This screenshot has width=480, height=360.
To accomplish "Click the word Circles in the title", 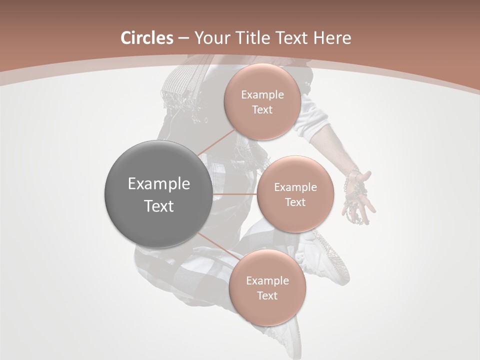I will click(x=146, y=38).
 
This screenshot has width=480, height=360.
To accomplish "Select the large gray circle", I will click(x=158, y=194).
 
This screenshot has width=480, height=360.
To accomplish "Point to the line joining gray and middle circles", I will click(x=234, y=194).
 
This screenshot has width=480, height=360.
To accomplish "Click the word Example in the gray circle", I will click(x=158, y=184).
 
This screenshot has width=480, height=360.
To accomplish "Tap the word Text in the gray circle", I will click(x=158, y=206).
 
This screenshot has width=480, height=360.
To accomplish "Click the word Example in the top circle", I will click(x=262, y=95).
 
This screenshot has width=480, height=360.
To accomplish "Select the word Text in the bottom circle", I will click(x=267, y=296).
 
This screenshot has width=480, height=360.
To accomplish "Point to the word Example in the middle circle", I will click(x=295, y=187).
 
